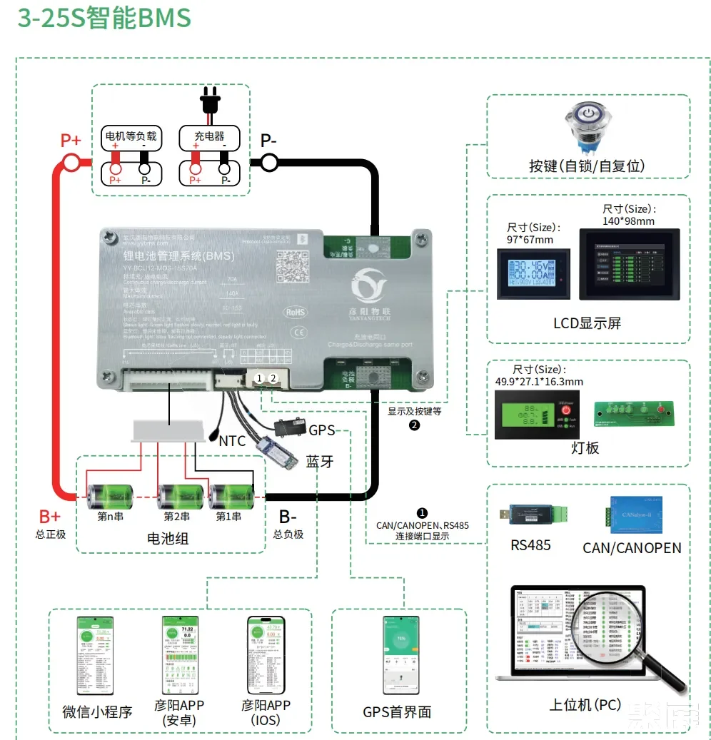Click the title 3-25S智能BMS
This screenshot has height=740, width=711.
(104, 18)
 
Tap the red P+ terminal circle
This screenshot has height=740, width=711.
(72, 163)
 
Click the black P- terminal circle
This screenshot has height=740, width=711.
(269, 163)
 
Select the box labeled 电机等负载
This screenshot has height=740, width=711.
(131, 136)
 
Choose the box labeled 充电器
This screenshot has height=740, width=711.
(209, 136)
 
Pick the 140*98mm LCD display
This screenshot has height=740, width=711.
(629, 263)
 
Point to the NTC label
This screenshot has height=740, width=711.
(232, 441)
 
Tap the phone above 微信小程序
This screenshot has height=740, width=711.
(95, 654)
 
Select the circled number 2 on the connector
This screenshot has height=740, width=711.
(272, 378)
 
